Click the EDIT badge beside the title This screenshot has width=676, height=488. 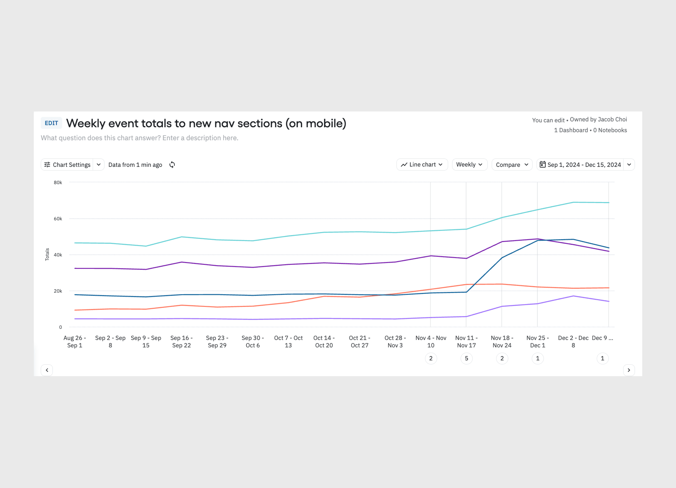tap(51, 123)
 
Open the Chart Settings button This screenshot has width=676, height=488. tap(67, 165)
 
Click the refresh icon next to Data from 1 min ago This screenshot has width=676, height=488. tap(172, 165)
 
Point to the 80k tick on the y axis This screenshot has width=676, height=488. tap(58, 182)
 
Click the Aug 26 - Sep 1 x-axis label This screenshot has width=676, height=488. tap(75, 341)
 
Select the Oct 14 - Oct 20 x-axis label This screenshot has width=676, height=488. tap(324, 341)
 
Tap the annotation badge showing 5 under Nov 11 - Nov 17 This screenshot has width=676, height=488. tap(466, 358)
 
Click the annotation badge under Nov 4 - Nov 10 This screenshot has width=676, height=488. tap(431, 358)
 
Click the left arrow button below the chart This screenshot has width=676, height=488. tap(47, 370)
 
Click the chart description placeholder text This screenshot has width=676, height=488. tap(140, 138)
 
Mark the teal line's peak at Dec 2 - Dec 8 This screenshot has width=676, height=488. tap(573, 202)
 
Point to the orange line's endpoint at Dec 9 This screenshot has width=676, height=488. tap(608, 288)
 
